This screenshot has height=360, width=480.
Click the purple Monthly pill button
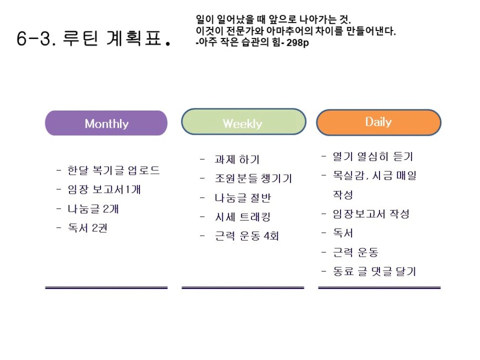coord(106,123)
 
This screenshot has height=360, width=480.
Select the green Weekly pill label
coord(244,122)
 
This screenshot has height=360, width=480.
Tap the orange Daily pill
coord(378,123)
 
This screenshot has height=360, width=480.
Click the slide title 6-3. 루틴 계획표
coord(94,38)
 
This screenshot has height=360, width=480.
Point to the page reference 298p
coord(297,43)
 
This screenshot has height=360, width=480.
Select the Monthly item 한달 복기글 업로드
coord(114,170)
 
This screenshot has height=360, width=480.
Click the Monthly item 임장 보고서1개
coord(104,189)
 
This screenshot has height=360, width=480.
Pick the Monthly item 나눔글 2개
coord(93,209)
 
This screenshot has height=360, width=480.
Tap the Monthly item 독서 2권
coord(87,228)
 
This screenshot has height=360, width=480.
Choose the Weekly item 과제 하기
coord(237,159)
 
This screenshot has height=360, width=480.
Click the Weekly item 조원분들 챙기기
coord(254,178)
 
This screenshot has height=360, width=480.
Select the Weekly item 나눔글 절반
coord(243,198)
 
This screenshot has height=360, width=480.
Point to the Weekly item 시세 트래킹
coord(243,217)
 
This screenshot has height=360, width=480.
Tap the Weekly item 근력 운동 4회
coord(247,236)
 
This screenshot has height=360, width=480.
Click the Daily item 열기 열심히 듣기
coord(373,156)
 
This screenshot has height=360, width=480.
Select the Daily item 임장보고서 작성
coord(371,214)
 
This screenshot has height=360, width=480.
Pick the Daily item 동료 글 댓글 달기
coord(374,271)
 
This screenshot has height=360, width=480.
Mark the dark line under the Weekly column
coord(243,288)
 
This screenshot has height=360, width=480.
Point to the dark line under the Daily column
coord(379,288)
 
